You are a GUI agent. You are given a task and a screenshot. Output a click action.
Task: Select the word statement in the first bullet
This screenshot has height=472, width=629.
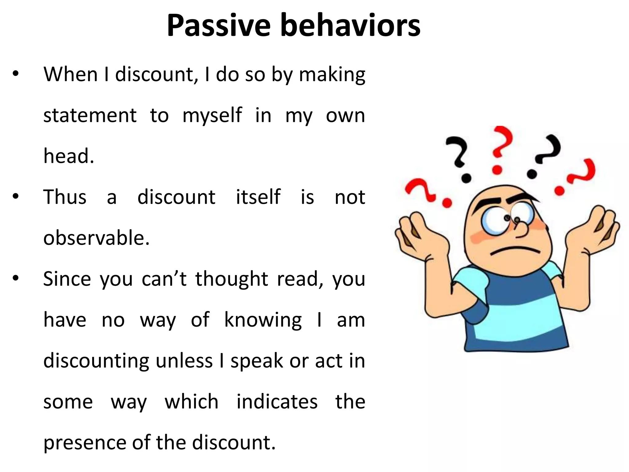click(x=90, y=116)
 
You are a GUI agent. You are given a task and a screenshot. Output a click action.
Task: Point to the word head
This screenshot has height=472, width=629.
click(x=68, y=156)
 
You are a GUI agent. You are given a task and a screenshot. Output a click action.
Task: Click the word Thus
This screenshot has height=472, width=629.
click(x=65, y=197)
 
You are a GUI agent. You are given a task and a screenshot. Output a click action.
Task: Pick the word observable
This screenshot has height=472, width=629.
click(x=96, y=238)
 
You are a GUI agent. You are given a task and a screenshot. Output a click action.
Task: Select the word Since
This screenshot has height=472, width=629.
click(x=67, y=279)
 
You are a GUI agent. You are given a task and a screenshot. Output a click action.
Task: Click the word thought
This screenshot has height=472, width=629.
click(x=232, y=279)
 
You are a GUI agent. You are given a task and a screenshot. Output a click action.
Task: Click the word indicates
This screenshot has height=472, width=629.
click(x=277, y=402)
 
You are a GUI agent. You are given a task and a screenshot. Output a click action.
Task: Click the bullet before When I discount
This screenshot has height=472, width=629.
click(x=16, y=74)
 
